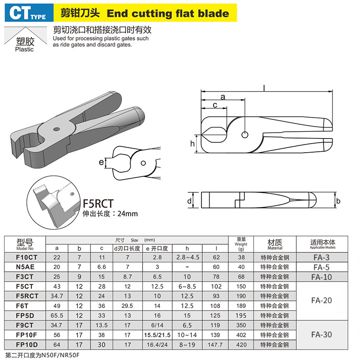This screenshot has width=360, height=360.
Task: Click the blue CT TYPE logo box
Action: [29, 13]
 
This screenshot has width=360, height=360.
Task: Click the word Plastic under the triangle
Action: [24, 49]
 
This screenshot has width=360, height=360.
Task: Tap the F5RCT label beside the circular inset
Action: [98, 204]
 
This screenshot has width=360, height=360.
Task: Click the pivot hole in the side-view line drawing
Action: [245, 135]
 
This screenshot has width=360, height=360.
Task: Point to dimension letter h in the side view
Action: [192, 144]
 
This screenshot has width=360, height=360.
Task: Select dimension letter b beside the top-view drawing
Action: [338, 201]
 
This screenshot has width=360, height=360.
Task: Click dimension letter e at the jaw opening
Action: [101, 162]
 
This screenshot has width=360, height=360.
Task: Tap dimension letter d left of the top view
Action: [190, 201]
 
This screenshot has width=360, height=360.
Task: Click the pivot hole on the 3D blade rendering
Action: [57, 129]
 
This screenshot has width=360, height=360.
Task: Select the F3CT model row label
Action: [25, 277]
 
